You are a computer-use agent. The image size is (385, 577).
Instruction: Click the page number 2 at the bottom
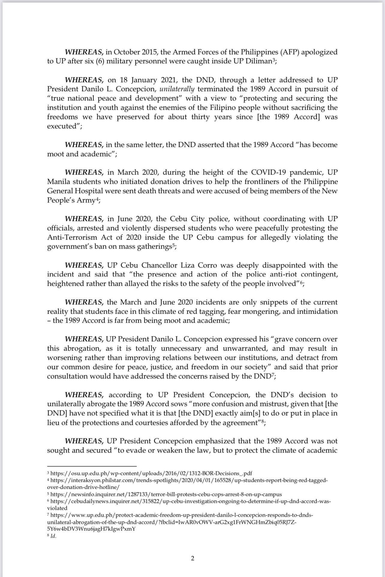coord(192,558)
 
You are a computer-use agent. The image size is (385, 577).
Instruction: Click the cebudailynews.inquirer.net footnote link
coord(190,501)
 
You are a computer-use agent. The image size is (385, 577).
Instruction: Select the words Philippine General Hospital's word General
coord(60,191)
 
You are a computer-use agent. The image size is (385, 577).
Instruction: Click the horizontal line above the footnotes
coord(92,466)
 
